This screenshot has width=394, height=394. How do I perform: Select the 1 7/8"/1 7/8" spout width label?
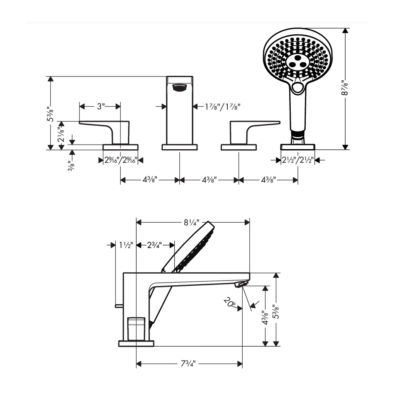click(x=223, y=107)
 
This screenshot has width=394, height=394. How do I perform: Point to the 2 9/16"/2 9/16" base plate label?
click(x=121, y=160)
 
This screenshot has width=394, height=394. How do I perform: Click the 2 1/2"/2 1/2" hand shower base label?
click(x=298, y=160)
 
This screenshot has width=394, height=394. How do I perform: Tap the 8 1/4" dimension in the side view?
click(x=191, y=222)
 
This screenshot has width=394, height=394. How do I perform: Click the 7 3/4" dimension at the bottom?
click(x=188, y=364)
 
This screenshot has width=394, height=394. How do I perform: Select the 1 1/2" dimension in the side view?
click(x=126, y=245)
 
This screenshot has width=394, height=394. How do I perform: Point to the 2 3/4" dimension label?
click(x=155, y=245)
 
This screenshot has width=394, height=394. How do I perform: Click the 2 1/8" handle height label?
click(x=61, y=134)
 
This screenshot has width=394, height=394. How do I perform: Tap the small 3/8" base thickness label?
click(x=71, y=166)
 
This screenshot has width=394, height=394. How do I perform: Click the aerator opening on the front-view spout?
click(x=179, y=88)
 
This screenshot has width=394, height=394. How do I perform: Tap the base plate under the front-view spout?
click(x=180, y=147)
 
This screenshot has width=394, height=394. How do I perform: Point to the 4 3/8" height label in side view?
click(x=265, y=318)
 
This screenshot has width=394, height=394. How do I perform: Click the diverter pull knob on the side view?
click(x=119, y=306)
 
